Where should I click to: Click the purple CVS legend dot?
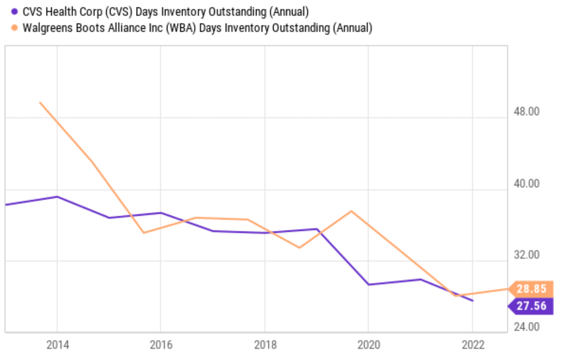(14, 12)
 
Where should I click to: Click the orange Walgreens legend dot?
(14, 28)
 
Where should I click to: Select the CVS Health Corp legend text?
(165, 12)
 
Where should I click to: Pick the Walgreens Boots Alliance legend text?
(197, 28)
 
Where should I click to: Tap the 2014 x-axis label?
(58, 345)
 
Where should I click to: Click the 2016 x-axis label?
(161, 345)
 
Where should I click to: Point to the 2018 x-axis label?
(265, 345)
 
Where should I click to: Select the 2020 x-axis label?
(368, 345)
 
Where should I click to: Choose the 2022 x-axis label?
(473, 345)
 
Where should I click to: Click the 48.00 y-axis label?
(526, 112)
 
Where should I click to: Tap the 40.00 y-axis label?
(526, 183)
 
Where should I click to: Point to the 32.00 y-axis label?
(526, 255)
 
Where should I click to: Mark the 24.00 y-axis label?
(526, 327)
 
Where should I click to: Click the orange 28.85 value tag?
(531, 289)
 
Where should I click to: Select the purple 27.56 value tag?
(531, 306)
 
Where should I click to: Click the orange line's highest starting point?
(40, 103)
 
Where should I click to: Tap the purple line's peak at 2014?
(57, 197)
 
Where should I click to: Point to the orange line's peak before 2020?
(351, 211)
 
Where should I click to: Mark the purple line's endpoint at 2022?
(472, 301)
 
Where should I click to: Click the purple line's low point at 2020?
(368, 284)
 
